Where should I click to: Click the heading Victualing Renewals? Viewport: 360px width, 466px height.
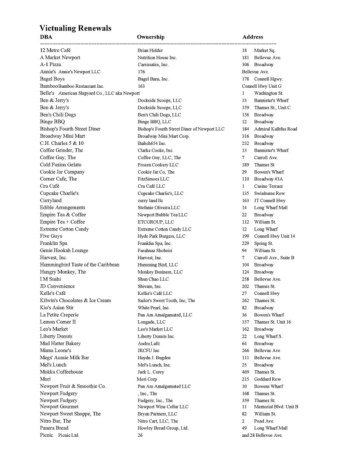tap(75, 28)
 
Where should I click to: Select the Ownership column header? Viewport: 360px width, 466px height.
tap(150, 37)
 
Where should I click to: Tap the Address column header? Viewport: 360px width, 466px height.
tap(252, 37)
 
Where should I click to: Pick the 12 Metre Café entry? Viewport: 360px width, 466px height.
tap(55, 50)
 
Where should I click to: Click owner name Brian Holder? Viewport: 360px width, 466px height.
tap(150, 50)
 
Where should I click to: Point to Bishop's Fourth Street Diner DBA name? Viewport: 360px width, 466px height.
tap(70, 129)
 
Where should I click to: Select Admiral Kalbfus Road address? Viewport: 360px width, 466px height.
tap(275, 129)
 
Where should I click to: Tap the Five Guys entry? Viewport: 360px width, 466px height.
tap(51, 236)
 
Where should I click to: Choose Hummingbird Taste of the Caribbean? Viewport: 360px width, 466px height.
tap(80, 265)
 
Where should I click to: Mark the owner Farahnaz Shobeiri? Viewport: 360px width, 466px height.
tap(155, 250)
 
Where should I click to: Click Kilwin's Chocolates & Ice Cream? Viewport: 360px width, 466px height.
tap(75, 300)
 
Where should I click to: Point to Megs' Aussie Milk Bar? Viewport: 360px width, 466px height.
tap(64, 358)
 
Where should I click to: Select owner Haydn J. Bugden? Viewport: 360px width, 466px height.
tap(154, 358)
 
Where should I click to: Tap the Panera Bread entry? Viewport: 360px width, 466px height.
tap(54, 428)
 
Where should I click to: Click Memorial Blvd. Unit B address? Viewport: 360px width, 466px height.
tap(276, 407)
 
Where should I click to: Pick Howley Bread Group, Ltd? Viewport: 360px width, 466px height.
tap(163, 428)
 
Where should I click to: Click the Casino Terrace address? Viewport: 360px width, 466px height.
tap(268, 186)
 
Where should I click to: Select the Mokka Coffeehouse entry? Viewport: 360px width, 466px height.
tap(61, 372)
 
